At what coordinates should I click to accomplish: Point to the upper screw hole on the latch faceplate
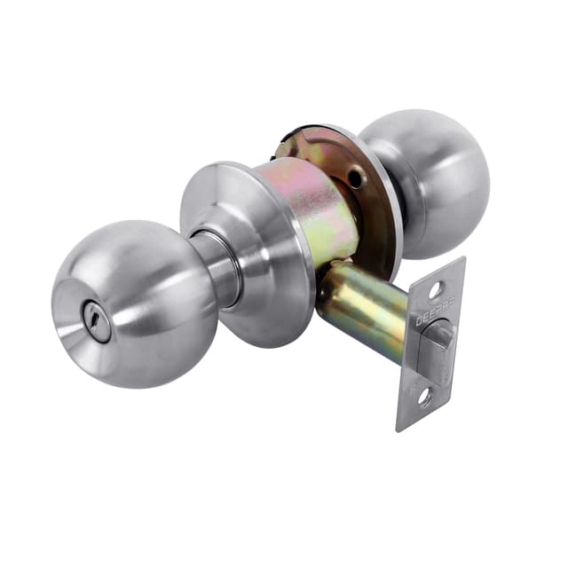coord(436,289)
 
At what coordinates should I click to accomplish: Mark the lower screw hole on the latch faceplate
coord(424,398)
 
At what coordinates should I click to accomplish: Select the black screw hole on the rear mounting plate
coord(357,178)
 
